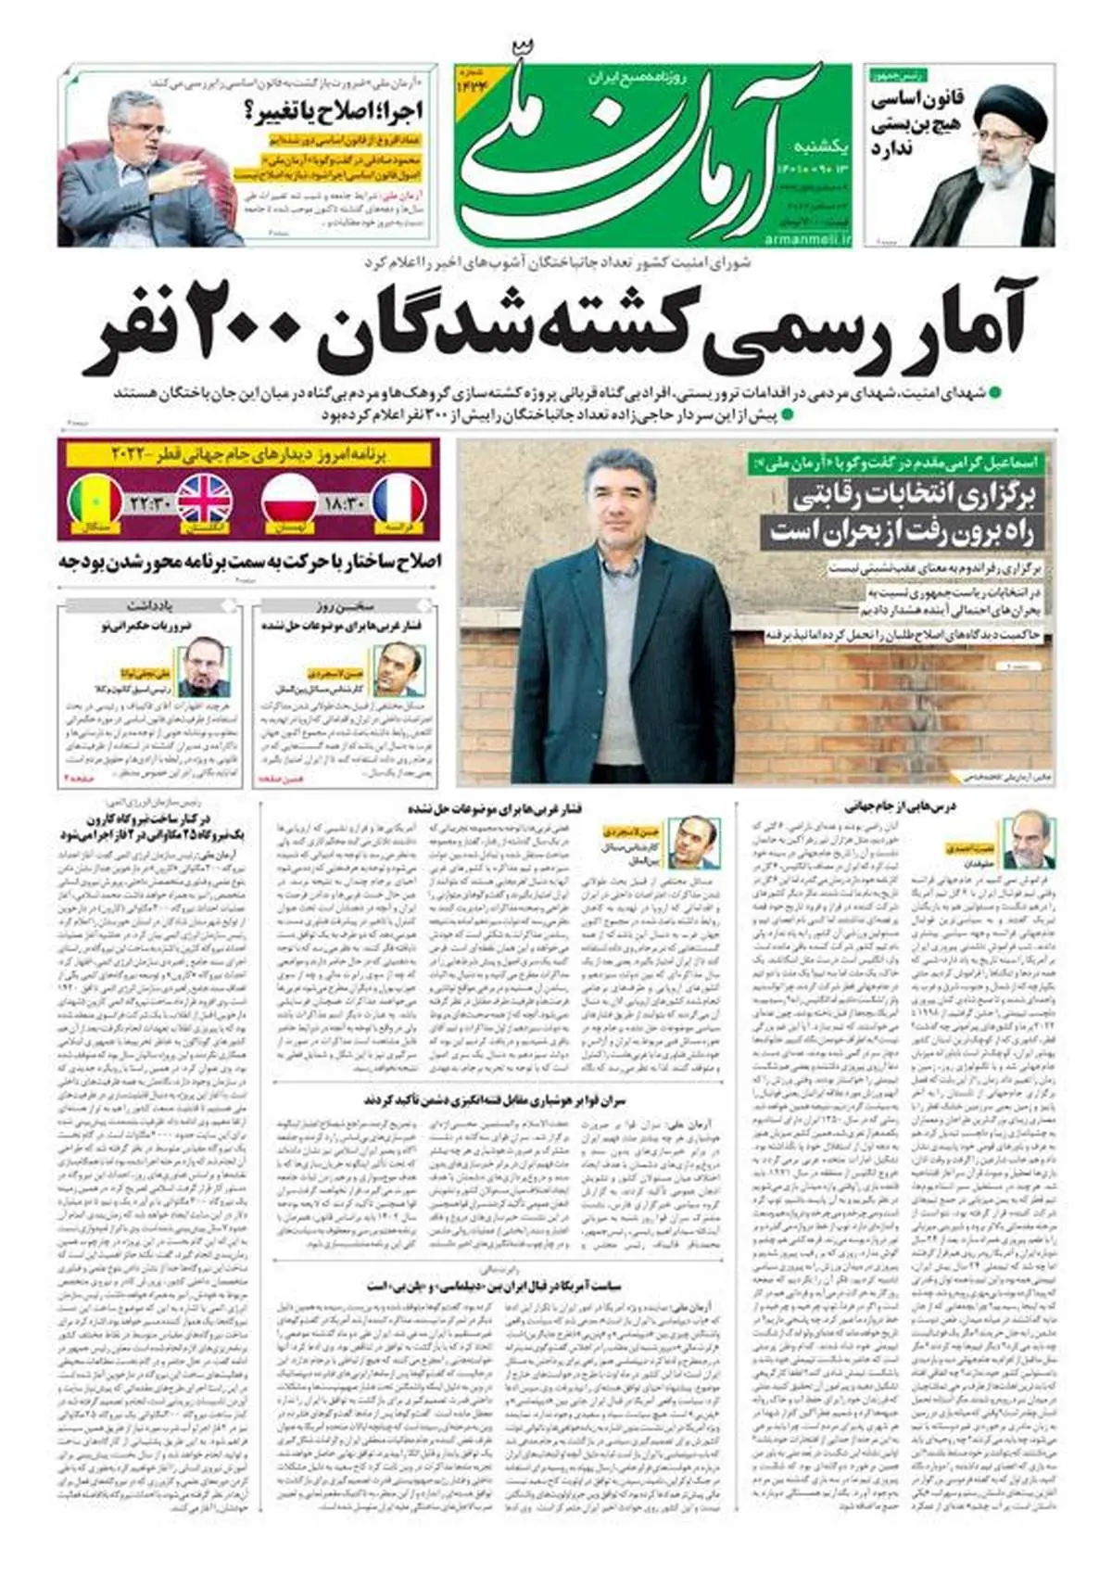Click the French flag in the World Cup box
398,501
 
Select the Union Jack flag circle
205,501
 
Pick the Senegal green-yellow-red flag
95,501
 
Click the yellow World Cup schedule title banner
246,455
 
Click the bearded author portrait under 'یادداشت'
203,667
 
